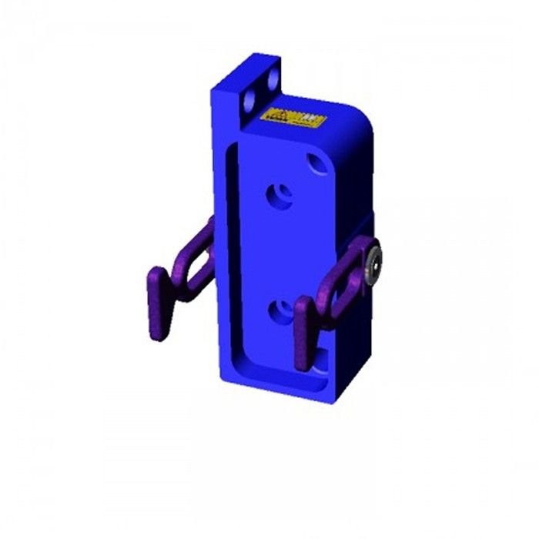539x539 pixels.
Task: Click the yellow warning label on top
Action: pos(293,119)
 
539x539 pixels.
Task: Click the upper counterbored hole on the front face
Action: pos(280,196)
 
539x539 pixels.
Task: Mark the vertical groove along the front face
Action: pos(230,262)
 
